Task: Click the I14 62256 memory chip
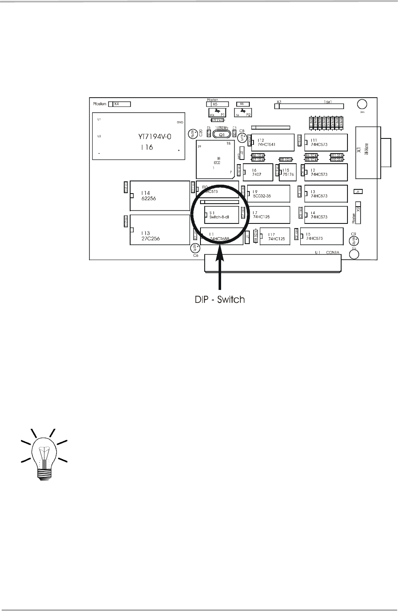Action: [x=159, y=195]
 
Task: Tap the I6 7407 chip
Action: [x=259, y=172]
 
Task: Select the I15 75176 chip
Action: [x=289, y=172]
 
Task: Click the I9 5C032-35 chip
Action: [x=269, y=194]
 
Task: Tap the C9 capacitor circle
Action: [x=353, y=240]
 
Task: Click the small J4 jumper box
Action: [x=358, y=191]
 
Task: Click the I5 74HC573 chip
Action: [x=323, y=238]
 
